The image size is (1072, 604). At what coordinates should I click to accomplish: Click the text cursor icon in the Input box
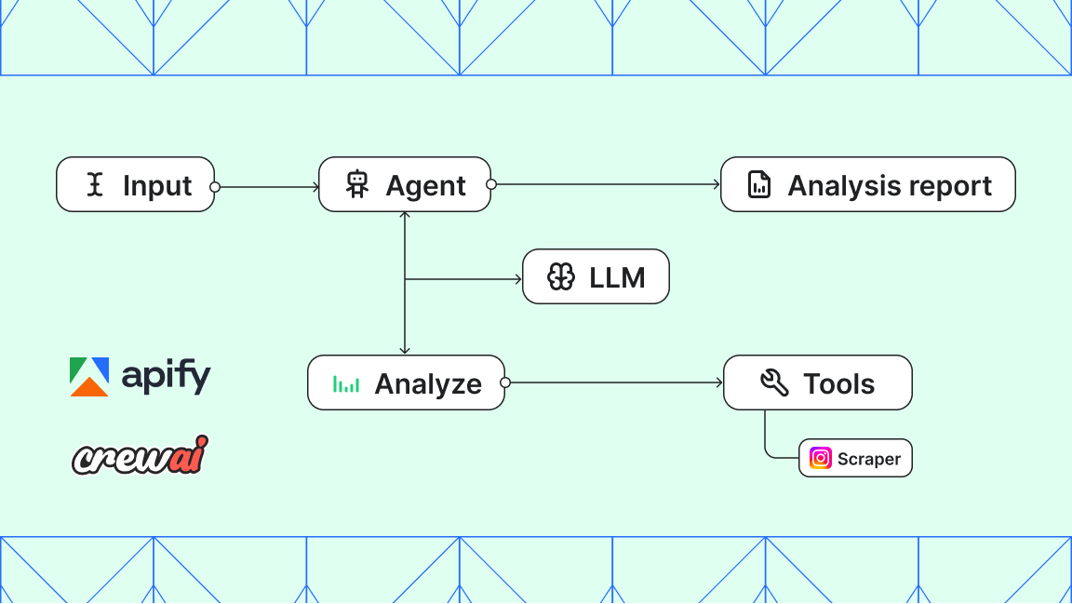(x=94, y=185)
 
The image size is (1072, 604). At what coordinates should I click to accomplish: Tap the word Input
(x=157, y=185)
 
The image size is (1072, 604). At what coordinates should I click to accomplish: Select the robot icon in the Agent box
(x=357, y=184)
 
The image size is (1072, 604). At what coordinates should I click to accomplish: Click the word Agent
(x=426, y=185)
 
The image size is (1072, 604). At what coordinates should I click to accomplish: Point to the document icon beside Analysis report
(x=759, y=184)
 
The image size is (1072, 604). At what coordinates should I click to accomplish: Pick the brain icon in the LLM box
(x=561, y=276)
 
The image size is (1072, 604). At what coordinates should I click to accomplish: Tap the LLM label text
(x=617, y=276)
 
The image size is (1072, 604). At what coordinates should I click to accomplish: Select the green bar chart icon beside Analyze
(x=346, y=383)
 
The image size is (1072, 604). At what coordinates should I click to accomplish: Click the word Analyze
(x=428, y=383)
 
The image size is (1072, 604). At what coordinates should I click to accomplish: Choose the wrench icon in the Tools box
(x=774, y=383)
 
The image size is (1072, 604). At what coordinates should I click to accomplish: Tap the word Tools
(x=839, y=383)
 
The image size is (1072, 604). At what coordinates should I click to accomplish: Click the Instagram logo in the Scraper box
(x=820, y=458)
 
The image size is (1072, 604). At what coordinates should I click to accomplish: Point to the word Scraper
(x=869, y=459)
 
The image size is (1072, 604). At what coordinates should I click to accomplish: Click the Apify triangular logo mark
(x=89, y=376)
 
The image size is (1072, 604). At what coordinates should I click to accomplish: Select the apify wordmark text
(x=166, y=376)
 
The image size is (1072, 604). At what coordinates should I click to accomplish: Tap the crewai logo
(x=140, y=454)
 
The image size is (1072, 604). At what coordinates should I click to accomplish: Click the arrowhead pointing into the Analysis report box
(x=717, y=184)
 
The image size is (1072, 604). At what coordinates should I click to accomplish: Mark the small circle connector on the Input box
(x=215, y=187)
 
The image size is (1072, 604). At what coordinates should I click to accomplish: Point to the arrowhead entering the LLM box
(x=518, y=277)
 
